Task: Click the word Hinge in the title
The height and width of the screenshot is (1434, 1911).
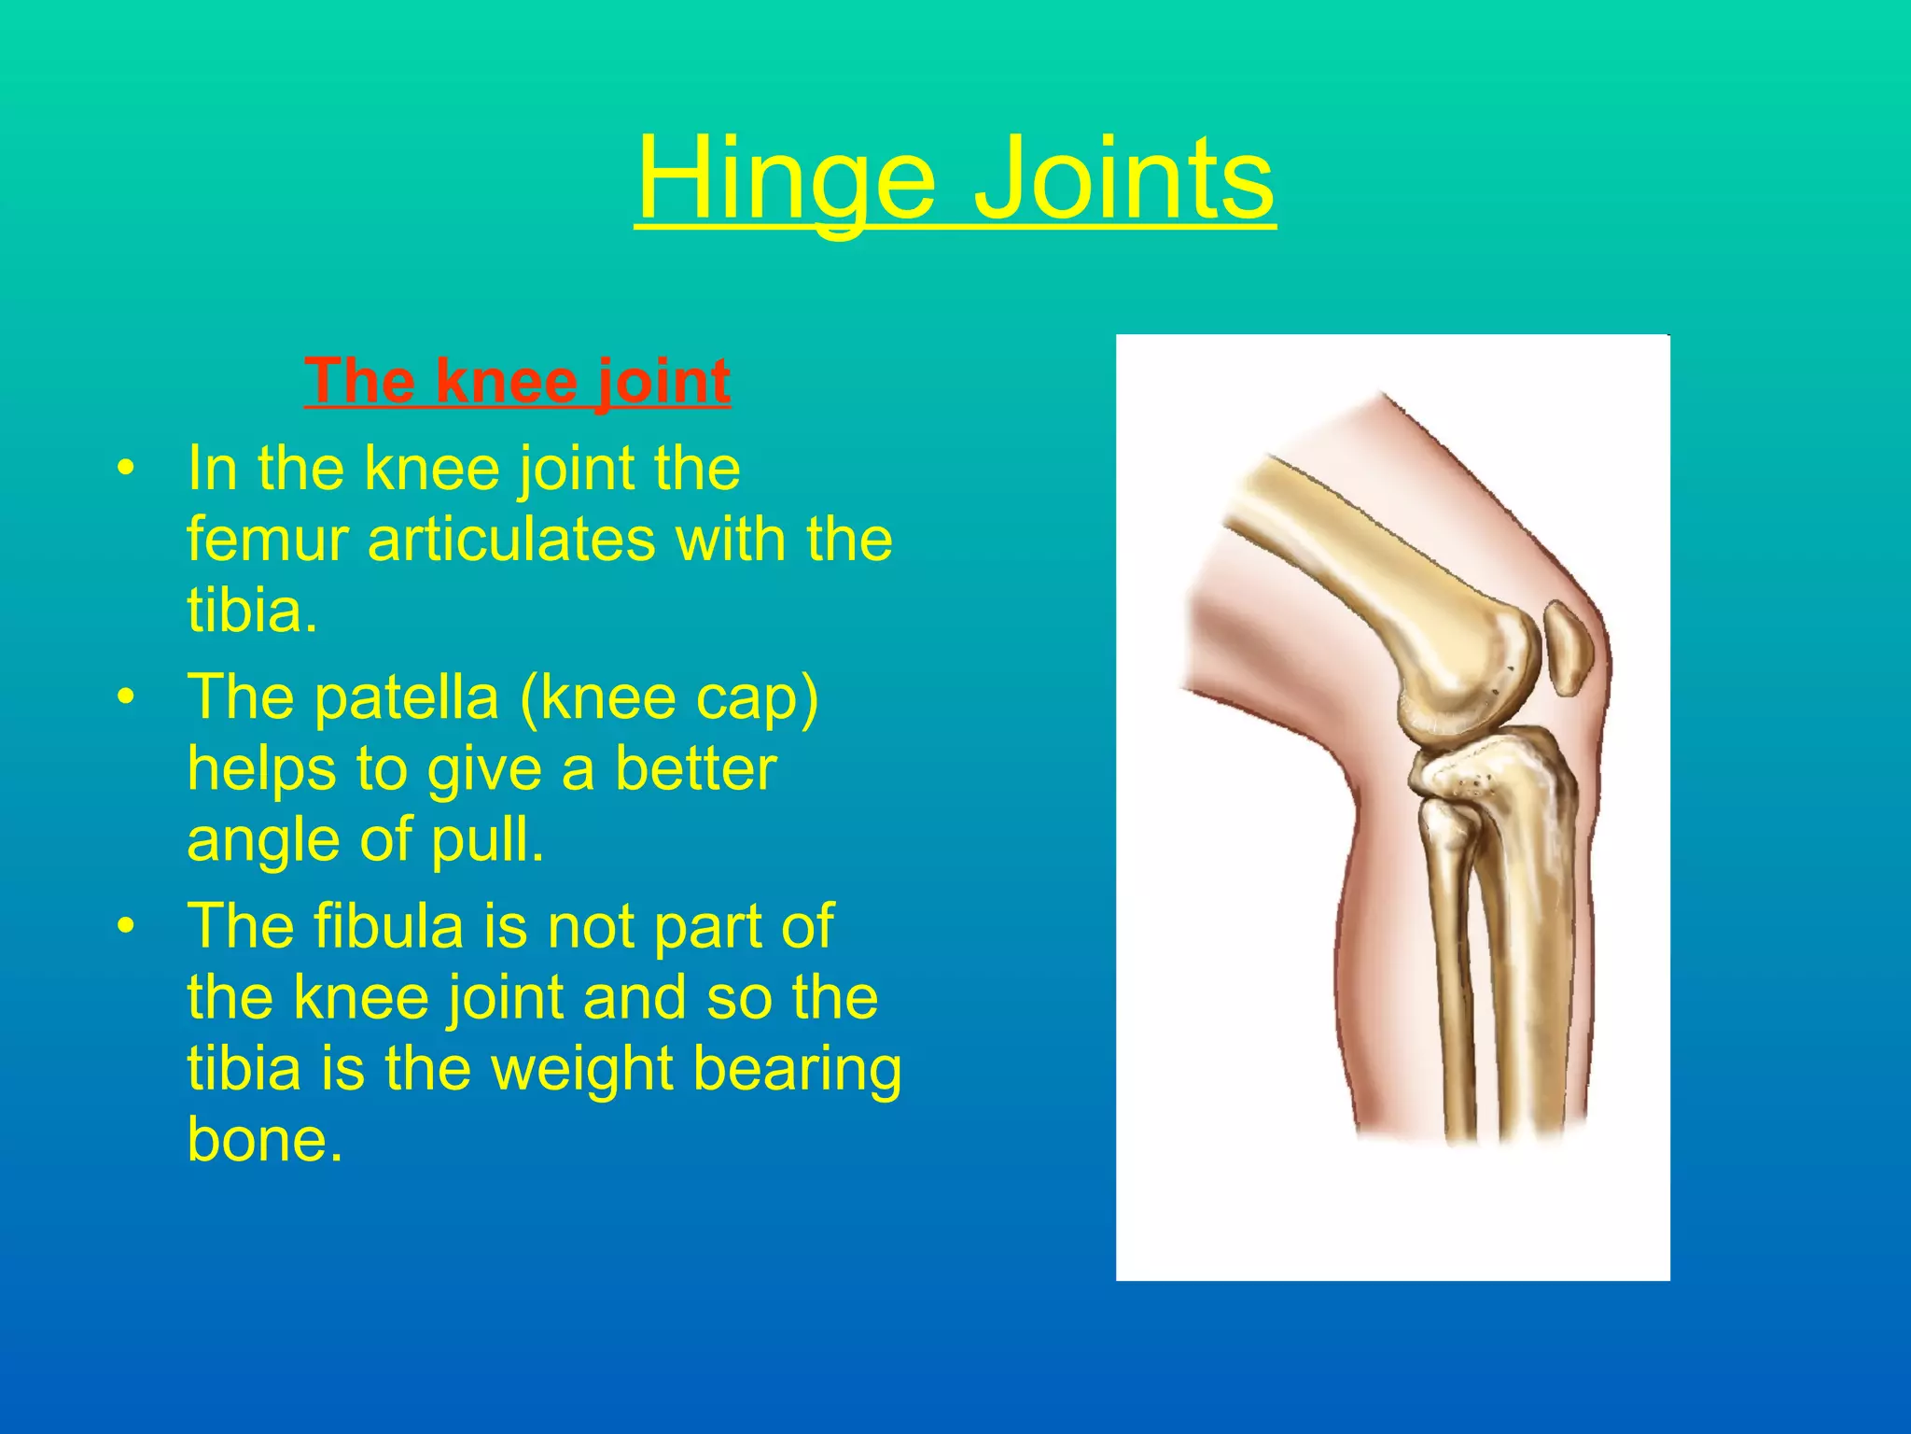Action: [x=785, y=177]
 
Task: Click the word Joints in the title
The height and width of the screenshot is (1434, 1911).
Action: [x=1123, y=177]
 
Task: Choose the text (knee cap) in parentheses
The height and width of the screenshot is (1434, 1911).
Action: [x=669, y=698]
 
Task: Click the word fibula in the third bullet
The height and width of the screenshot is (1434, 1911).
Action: [x=388, y=926]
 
